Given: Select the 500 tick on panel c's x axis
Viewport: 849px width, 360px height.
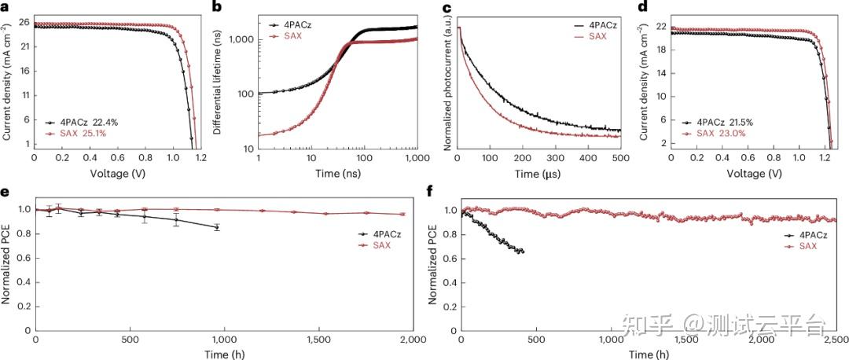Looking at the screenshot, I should click(x=620, y=158).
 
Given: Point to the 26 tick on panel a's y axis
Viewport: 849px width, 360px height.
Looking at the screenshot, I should click(x=24, y=22).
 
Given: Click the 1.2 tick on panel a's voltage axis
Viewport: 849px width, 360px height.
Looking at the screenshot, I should click(x=200, y=158).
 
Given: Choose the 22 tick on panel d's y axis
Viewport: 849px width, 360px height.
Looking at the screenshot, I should click(x=659, y=28).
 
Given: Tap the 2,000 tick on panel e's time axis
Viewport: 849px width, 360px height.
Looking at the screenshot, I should click(x=413, y=339).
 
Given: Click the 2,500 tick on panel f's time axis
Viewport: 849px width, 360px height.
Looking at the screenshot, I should click(x=835, y=339).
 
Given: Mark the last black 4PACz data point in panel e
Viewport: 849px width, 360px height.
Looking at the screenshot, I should click(x=217, y=227).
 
